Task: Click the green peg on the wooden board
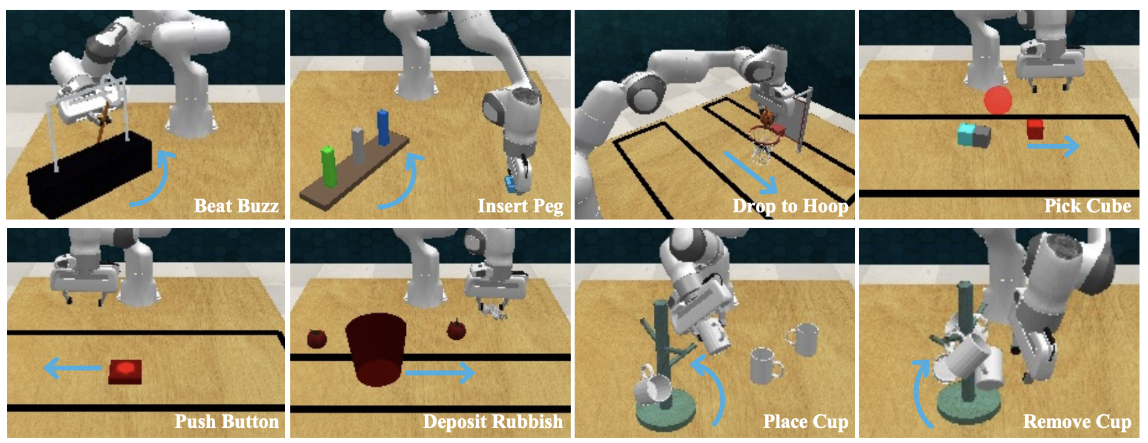tap(329, 167)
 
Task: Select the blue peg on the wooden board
tap(383, 127)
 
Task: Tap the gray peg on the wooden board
tap(358, 146)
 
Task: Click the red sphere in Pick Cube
tap(998, 100)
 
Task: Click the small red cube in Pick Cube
tap(1035, 129)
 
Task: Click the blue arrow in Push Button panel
tap(73, 369)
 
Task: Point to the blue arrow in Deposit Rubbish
tap(440, 373)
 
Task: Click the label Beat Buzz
tap(237, 206)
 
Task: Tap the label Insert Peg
tap(520, 206)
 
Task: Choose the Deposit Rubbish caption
tap(493, 421)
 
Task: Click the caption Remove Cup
tap(1077, 422)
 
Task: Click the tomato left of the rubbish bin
tap(317, 338)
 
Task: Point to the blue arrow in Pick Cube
tap(1053, 146)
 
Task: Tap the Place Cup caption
tap(806, 422)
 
